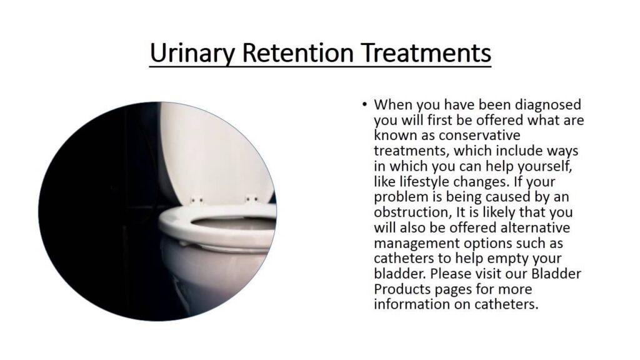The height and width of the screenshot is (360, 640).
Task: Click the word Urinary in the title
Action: click(192, 53)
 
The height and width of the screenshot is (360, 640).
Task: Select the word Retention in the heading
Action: click(297, 52)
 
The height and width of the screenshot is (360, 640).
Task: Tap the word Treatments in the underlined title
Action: click(426, 52)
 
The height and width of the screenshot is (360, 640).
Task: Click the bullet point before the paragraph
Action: click(364, 104)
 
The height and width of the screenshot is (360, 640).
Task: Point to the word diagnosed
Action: click(547, 105)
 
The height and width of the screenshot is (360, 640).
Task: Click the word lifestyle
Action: click(424, 182)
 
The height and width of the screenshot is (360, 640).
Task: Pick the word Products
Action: click(402, 289)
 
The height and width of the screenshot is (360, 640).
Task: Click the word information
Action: click(412, 304)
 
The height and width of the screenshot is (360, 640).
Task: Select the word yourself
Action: click(544, 166)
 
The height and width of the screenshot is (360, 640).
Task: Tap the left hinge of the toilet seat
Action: click(197, 200)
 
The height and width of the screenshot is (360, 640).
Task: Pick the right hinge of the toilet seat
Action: click(251, 199)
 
